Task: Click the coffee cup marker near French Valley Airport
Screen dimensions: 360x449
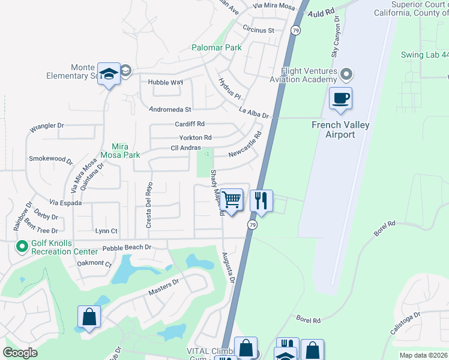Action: pos(340,98)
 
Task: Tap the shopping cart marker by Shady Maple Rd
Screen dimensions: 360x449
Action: pos(231,200)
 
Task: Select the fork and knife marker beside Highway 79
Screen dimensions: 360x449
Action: pos(261,200)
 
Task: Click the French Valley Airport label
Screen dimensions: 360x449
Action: pos(340,130)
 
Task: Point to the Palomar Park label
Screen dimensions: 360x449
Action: pos(216,47)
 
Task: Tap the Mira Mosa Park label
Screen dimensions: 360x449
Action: pos(126,150)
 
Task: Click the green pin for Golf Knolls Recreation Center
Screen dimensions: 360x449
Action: pos(22,246)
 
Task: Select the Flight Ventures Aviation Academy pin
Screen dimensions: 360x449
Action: pos(346,75)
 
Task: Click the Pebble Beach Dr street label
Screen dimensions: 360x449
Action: pos(126,247)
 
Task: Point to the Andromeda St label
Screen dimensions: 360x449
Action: pos(170,110)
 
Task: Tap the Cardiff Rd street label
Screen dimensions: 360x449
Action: pos(190,124)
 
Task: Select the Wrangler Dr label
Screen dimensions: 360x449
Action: pos(46,127)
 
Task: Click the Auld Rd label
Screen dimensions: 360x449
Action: pos(322,13)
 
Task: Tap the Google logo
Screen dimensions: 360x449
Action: pos(20,353)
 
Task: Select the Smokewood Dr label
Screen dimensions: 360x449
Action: pos(50,160)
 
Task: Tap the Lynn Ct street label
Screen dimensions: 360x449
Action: pos(106,231)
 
